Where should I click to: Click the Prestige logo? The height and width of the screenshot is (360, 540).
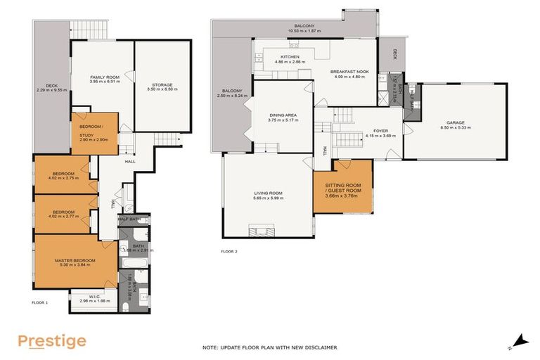pyautogui.click(x=52, y=342)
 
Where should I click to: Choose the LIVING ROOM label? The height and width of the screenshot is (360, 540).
pyautogui.click(x=268, y=193)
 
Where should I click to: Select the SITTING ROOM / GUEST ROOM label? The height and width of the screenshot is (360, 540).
pyautogui.click(x=342, y=188)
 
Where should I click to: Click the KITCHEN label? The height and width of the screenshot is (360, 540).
pyautogui.click(x=290, y=57)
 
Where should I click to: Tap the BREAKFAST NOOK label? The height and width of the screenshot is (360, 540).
pyautogui.click(x=349, y=71)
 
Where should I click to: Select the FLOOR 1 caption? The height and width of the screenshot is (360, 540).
pyautogui.click(x=39, y=302)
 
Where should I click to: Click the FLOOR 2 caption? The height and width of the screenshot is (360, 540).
pyautogui.click(x=229, y=251)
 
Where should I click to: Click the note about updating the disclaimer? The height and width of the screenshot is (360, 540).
pyautogui.click(x=270, y=347)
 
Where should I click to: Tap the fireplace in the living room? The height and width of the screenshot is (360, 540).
pyautogui.click(x=265, y=231)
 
